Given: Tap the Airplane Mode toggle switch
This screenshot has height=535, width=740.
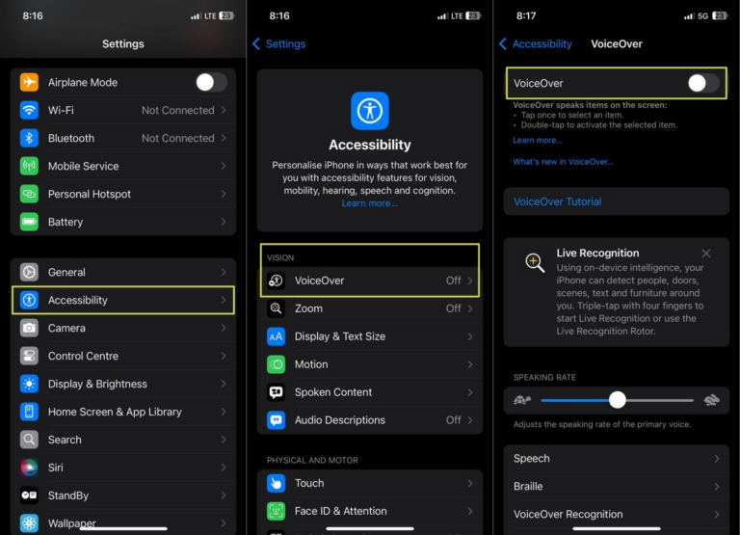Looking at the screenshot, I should tap(211, 82).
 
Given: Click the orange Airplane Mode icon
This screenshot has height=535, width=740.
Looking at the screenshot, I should tap(30, 82).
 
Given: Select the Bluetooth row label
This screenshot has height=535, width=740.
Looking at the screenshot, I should tap(71, 138).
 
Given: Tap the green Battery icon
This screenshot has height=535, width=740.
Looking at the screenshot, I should tap(30, 222).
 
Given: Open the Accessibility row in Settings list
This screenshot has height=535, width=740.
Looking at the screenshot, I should tap(123, 300).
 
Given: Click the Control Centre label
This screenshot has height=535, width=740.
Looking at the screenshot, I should tap(83, 356).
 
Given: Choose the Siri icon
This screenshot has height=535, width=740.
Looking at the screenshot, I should tap(30, 468).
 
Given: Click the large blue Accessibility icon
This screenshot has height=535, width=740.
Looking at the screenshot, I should tap(370, 111).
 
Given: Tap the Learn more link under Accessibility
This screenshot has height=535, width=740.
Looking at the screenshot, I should tap(369, 203).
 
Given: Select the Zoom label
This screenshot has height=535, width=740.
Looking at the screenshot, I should tap(308, 308).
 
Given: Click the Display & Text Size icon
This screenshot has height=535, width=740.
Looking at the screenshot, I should tap(277, 336).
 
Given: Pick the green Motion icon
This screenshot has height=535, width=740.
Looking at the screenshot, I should tap(277, 364).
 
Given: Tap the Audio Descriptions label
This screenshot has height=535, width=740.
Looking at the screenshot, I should tap(339, 420).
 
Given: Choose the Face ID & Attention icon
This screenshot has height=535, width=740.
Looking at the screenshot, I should tap(277, 511).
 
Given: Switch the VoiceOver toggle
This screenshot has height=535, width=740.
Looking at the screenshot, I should tap(702, 84).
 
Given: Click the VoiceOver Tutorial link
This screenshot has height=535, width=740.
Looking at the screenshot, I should tap(557, 201).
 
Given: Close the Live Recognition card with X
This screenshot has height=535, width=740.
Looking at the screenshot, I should tap(706, 254).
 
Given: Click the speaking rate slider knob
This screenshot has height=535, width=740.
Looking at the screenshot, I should tap(618, 399).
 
